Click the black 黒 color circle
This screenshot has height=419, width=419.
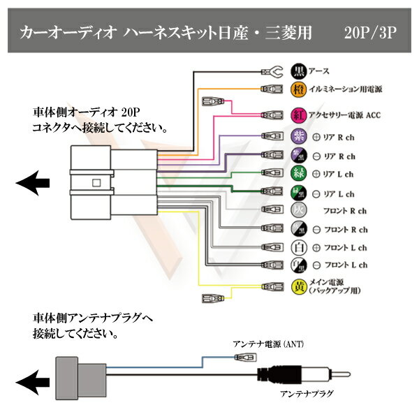pos(298,71)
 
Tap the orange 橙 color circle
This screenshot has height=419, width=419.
pos(298,89)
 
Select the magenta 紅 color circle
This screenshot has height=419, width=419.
pos(298,115)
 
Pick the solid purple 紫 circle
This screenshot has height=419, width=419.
pos(298,137)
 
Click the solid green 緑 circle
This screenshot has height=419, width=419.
pos(298,173)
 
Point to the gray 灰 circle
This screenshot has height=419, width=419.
pos(298,209)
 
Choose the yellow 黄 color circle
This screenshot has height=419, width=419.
pos(298,287)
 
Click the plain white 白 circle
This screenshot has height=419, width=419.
pos(298,247)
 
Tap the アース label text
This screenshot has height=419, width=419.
pos(319,71)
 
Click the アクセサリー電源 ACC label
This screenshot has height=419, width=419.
pos(345,115)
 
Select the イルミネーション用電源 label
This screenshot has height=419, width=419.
pos(346,89)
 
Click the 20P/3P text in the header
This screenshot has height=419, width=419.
pos(370,33)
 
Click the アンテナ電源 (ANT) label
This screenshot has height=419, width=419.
pos(268,344)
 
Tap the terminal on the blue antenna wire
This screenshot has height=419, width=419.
pos(245,357)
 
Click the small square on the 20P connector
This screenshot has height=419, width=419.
pos(96,183)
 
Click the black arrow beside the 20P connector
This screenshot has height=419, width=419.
pos(33,183)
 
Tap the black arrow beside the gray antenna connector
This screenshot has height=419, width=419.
pos(33,383)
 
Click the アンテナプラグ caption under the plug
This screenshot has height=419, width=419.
pos(307,394)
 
